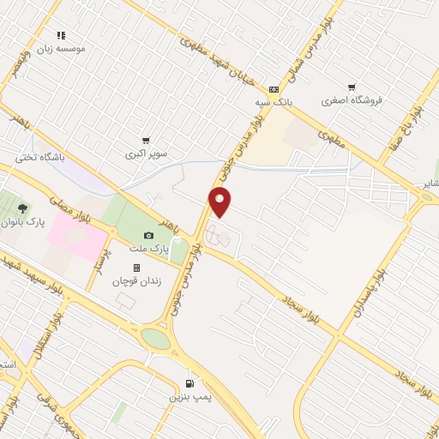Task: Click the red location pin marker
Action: tap(220, 201)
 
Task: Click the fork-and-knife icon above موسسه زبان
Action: tap(61, 35)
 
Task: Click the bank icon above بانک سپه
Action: tap(274, 88)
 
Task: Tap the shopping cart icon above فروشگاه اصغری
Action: tap(352, 87)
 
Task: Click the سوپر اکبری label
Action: tap(143, 154)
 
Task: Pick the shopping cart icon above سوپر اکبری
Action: tap(146, 141)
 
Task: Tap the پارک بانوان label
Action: tap(21, 221)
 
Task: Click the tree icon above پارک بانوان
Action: tap(23, 207)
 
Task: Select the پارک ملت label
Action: tap(145, 249)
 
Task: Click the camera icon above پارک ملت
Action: tap(148, 236)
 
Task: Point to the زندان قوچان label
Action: tap(135, 281)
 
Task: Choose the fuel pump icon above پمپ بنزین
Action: tap(189, 384)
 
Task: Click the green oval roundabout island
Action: tap(157, 338)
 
